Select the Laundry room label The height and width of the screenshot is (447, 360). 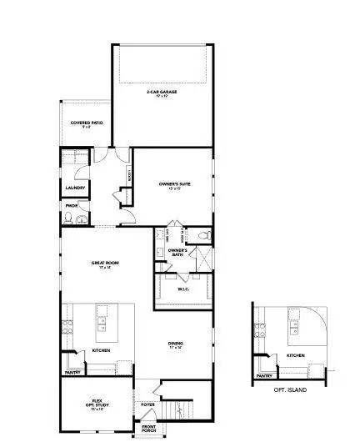(x=75, y=188)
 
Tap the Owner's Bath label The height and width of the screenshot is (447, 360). (x=177, y=252)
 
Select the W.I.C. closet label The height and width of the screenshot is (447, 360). (x=184, y=289)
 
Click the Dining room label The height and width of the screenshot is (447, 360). (x=176, y=344)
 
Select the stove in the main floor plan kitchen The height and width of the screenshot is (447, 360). (x=69, y=324)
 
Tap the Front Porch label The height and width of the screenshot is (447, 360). (x=148, y=429)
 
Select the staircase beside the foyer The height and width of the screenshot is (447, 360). (x=175, y=409)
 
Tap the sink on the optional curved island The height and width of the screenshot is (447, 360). (x=294, y=323)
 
